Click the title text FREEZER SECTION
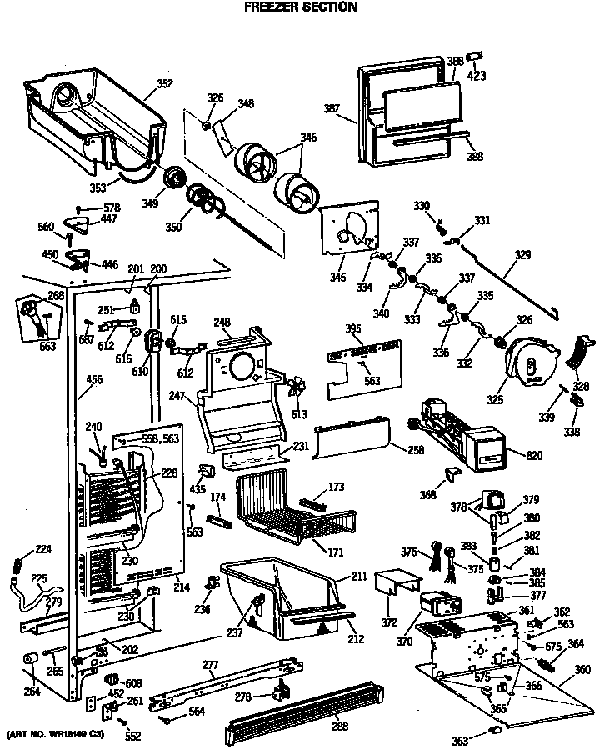pyautogui.click(x=300, y=7)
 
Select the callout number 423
pyautogui.click(x=477, y=76)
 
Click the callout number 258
pyautogui.click(x=392, y=450)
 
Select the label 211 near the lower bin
pyautogui.click(x=359, y=576)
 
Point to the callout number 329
pyautogui.click(x=522, y=257)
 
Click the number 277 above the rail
pyautogui.click(x=210, y=664)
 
